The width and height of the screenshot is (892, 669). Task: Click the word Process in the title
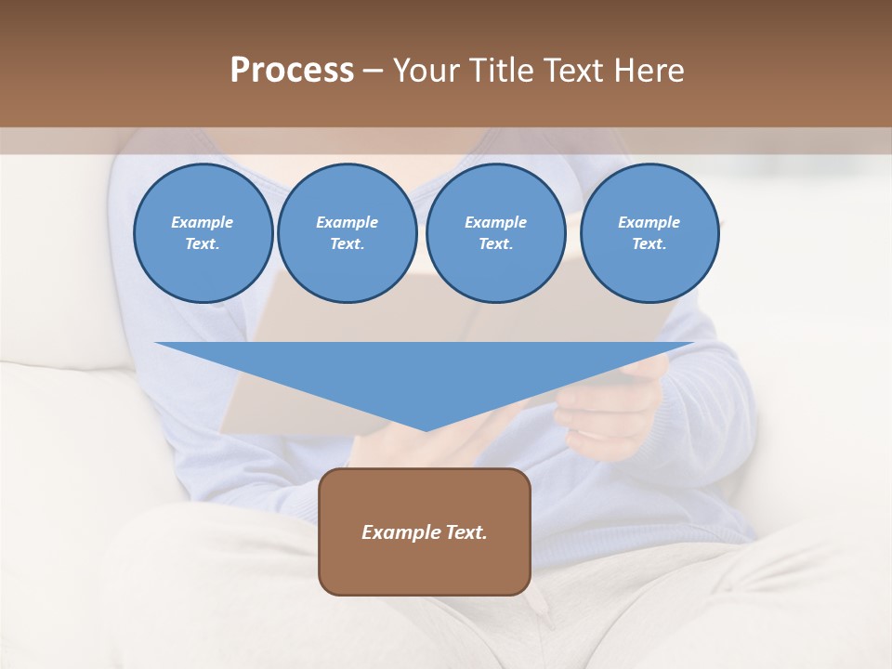coord(292,71)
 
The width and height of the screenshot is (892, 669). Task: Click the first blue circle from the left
coord(203,233)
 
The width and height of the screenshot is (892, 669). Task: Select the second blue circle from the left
coord(347,233)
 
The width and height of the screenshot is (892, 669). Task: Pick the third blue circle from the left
coord(495,233)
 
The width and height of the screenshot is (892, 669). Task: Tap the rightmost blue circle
coord(649,233)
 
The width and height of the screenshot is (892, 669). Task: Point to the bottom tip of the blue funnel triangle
coord(426,428)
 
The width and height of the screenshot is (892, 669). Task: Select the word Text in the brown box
coord(466,532)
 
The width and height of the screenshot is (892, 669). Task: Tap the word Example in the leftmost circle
coord(203,223)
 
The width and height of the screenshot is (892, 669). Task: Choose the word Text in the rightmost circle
coord(649,244)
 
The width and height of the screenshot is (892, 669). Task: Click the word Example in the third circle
coord(495,223)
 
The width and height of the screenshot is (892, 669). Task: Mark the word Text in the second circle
coord(347,244)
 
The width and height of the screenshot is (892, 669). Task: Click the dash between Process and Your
coord(373,71)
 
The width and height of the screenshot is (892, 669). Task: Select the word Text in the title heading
coord(567,71)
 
